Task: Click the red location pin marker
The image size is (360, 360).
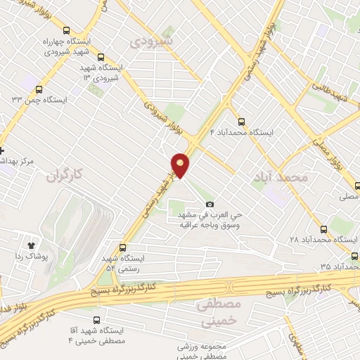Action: click(181, 165)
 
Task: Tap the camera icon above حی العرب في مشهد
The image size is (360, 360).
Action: click(209, 204)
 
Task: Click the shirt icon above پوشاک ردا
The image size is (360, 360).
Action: click(31, 245)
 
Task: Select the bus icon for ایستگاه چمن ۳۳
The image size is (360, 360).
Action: click(38, 89)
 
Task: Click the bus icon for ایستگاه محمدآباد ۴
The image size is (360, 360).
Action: click(242, 121)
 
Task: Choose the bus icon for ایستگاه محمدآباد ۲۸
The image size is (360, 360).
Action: click(324, 229)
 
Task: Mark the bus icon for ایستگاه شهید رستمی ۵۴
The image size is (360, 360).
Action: click(123, 248)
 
